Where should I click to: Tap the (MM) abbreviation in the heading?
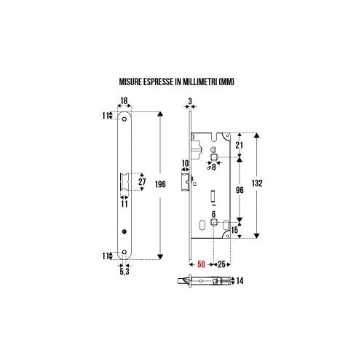[x=227, y=83]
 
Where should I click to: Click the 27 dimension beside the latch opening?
[x=143, y=182]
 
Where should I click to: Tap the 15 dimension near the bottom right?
[x=236, y=231]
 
